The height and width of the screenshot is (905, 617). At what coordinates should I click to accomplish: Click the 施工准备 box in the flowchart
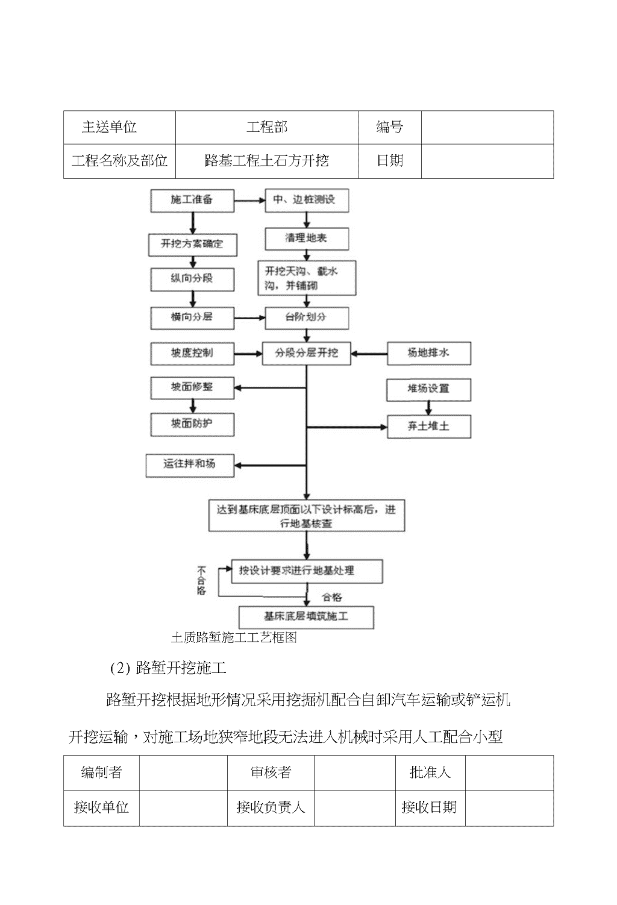click(x=192, y=201)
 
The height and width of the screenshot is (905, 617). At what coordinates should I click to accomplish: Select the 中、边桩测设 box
click(x=307, y=201)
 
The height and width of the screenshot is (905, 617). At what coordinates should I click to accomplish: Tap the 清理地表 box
click(x=307, y=239)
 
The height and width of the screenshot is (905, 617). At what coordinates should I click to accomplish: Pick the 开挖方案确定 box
click(x=192, y=245)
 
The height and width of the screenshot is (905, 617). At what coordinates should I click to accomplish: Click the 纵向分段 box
click(x=192, y=280)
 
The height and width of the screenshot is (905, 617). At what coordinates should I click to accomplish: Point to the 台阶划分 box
click(x=307, y=318)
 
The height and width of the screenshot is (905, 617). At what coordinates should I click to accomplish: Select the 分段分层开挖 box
click(x=306, y=354)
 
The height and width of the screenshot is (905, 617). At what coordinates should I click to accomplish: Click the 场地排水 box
click(x=429, y=354)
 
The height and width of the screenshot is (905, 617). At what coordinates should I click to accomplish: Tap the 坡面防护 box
click(x=192, y=425)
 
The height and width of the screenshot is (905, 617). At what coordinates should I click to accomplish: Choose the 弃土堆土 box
click(x=429, y=427)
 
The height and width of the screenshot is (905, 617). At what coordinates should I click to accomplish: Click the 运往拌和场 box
click(x=190, y=465)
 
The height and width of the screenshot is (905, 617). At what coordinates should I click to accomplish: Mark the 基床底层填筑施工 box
click(x=306, y=618)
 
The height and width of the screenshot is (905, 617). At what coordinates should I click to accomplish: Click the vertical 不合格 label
click(x=201, y=581)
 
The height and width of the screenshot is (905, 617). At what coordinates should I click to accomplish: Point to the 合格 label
click(x=332, y=598)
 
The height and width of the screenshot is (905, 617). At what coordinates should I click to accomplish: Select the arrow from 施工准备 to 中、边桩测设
click(x=249, y=201)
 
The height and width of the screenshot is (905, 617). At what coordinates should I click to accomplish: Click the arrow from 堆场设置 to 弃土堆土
click(x=429, y=408)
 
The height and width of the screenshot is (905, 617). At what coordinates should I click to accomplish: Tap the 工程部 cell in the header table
click(x=267, y=127)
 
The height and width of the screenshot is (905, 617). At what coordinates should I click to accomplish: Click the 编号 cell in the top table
click(x=389, y=127)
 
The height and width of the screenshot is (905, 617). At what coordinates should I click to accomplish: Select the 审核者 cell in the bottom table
click(x=271, y=772)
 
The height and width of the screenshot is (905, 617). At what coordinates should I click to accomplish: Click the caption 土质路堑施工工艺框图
click(x=234, y=637)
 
